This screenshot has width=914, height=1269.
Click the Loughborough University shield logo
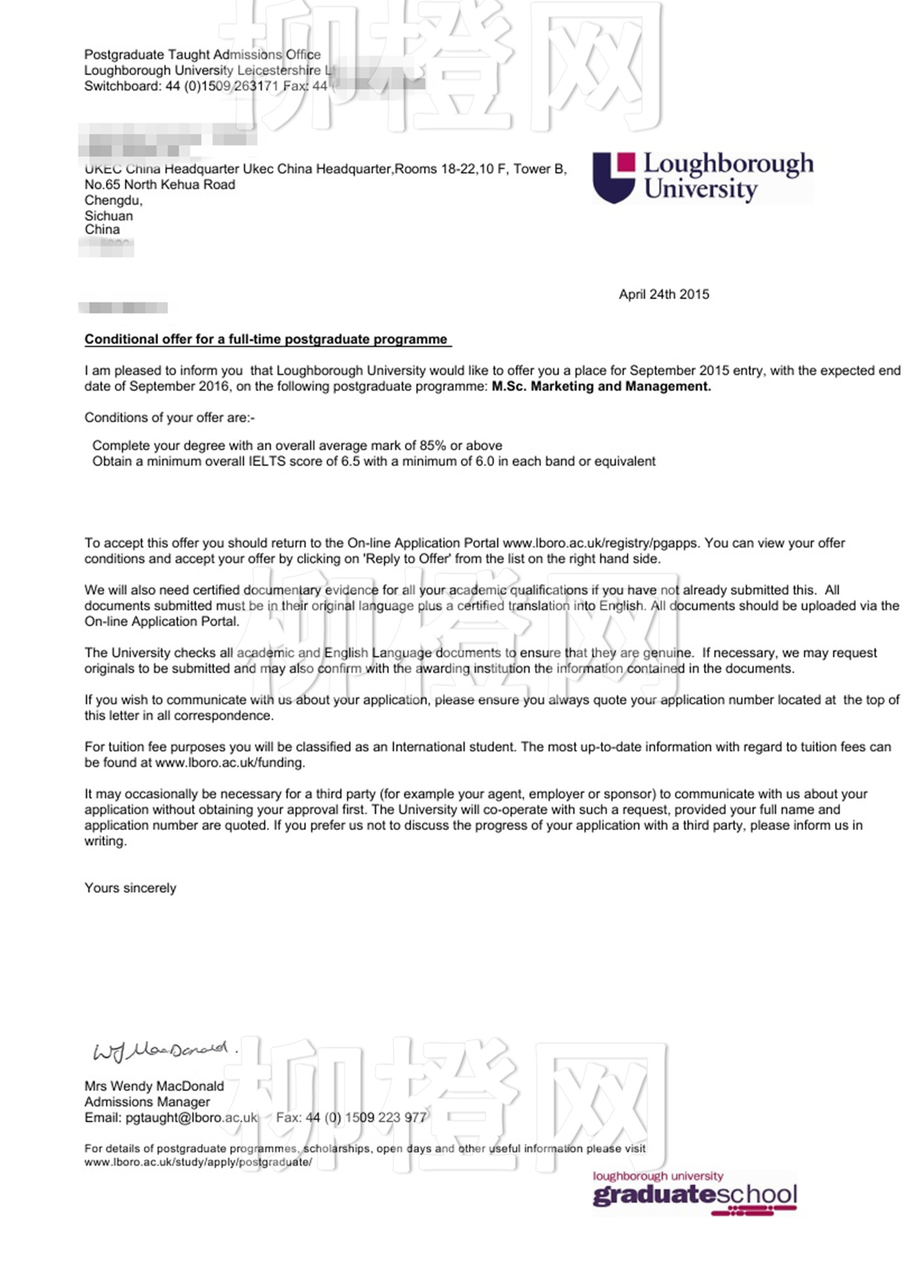point(613,178)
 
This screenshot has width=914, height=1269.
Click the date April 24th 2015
point(663,295)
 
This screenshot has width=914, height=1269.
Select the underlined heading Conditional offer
point(266,340)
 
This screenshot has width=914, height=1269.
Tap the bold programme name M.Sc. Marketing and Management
point(601,387)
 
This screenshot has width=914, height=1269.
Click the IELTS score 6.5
point(351,462)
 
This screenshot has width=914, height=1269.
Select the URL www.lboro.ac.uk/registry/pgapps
point(600,543)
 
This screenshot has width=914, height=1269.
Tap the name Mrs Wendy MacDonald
point(154,1086)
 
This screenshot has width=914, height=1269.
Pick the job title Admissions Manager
point(147,1102)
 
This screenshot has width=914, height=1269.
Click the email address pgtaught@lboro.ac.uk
point(191,1117)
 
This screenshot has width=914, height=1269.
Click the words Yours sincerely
point(131,888)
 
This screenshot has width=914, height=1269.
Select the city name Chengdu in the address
point(113,201)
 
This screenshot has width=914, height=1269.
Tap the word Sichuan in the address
point(108,216)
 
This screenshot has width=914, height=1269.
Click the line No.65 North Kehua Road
point(160,185)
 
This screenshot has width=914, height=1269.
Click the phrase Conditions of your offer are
point(169,418)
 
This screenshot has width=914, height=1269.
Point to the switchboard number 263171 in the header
point(256,86)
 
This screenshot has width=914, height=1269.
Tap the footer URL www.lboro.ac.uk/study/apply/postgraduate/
point(198,1163)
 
